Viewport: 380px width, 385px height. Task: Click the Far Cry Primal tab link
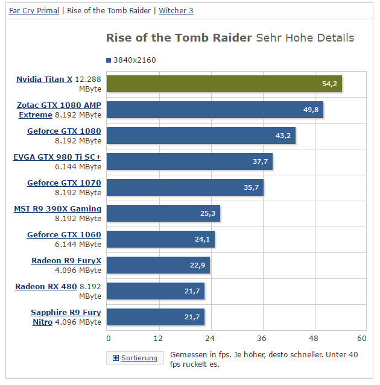[34, 11]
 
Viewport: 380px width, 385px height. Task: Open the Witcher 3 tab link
[176, 11]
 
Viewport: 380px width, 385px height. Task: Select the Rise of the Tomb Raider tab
[109, 11]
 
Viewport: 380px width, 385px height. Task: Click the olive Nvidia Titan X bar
[224, 84]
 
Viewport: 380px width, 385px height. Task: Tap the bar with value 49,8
[215, 110]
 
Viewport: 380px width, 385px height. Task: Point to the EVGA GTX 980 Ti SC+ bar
[190, 161]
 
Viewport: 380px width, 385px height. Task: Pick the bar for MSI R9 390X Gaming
[163, 213]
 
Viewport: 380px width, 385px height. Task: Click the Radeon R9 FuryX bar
[159, 265]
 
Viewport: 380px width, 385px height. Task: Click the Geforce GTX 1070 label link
[64, 183]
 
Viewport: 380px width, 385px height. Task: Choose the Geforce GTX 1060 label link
[64, 235]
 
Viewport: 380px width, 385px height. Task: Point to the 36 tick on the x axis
[262, 338]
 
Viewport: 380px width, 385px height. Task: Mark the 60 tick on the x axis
[362, 338]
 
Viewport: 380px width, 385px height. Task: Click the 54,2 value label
[329, 84]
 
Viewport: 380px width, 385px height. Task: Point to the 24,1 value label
[202, 239]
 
